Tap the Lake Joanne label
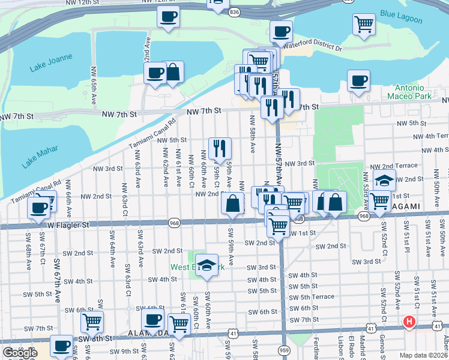[x=51, y=62]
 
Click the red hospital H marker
[x=410, y=322]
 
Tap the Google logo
[x=20, y=353]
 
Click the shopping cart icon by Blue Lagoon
[x=364, y=25]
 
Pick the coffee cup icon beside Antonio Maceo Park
[x=358, y=80]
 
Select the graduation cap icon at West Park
[x=206, y=265]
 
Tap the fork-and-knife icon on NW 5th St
[x=220, y=148]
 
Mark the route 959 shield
[x=285, y=350]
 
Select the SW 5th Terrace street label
[x=312, y=297]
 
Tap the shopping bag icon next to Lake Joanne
[x=173, y=72]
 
